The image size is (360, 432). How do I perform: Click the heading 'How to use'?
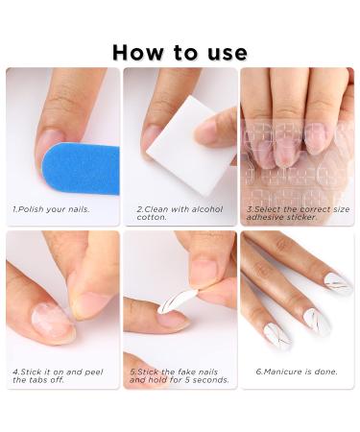coord(180,52)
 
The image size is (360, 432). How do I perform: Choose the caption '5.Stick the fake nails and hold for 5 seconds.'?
coord(178,375)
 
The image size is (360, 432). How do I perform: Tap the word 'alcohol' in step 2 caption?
coord(208,208)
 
